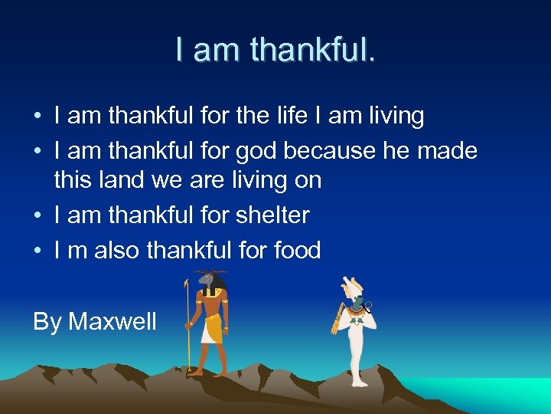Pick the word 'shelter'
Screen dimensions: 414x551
click(x=272, y=215)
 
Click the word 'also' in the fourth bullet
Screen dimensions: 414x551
click(x=117, y=250)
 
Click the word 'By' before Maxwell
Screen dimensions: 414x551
click(x=47, y=321)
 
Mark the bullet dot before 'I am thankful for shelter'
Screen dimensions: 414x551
click(x=37, y=216)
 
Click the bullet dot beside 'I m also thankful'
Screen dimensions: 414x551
click(x=37, y=251)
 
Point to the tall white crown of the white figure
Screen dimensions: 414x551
click(x=352, y=288)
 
